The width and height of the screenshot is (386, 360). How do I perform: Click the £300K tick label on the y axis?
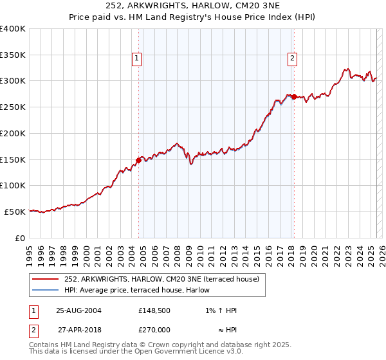[13, 81]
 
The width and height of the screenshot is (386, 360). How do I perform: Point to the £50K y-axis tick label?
[15, 212]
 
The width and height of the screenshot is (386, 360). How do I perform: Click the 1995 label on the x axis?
[29, 251]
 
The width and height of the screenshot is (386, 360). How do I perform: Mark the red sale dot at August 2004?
[139, 160]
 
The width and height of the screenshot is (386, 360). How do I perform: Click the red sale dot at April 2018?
[294, 97]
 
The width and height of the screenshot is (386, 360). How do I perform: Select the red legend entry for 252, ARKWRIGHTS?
[161, 279]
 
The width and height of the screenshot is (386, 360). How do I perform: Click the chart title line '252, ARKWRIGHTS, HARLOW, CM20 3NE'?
[193, 6]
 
